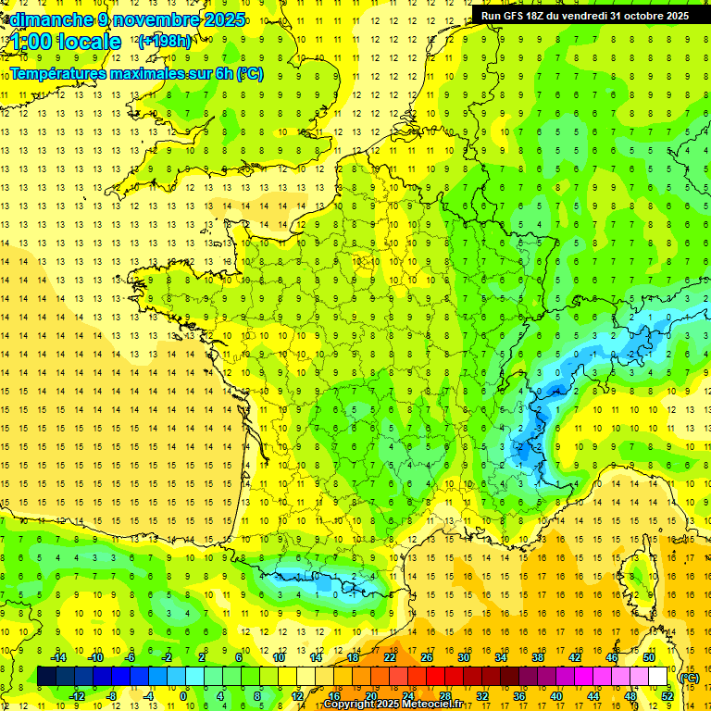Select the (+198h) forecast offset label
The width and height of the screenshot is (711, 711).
(x=165, y=42)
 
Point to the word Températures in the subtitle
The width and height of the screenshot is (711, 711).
(x=57, y=73)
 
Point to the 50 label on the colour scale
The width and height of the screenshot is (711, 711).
(x=649, y=657)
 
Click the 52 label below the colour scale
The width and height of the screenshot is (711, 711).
(x=667, y=696)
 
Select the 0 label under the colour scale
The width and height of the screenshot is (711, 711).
(x=185, y=696)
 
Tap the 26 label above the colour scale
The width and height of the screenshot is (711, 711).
(x=427, y=657)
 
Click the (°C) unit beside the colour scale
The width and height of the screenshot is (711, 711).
(x=690, y=677)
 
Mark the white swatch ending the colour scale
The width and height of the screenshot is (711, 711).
(x=657, y=677)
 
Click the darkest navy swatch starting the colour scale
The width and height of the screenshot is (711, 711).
(x=46, y=677)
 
